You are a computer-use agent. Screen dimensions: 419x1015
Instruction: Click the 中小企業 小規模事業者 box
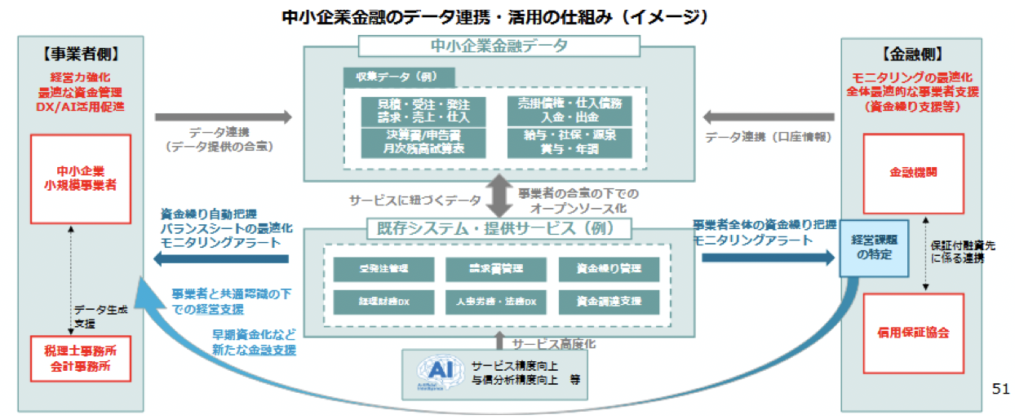80,179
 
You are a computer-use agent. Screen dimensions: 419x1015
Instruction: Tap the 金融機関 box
913,173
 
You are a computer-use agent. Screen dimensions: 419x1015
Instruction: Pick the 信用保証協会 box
913,333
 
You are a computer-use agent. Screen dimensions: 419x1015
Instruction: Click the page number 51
1000,388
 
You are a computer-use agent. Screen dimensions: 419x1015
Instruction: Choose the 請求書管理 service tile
496,267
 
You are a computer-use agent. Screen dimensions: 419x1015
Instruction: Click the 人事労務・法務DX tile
496,302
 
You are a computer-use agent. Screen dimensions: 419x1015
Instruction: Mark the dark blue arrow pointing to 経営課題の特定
767,258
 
